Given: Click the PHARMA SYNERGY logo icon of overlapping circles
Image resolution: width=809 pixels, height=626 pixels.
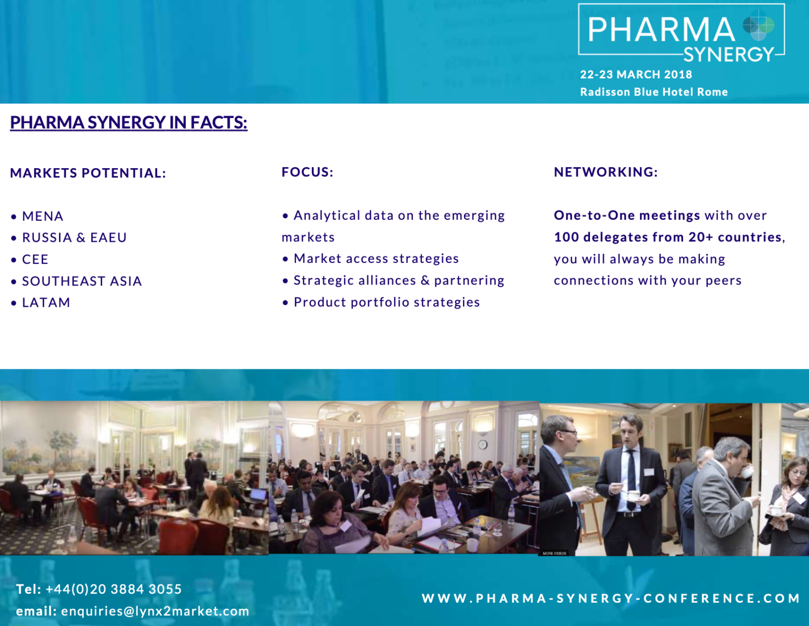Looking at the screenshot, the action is click(x=758, y=25).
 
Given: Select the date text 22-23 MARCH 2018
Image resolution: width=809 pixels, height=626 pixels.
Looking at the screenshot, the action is click(x=636, y=74).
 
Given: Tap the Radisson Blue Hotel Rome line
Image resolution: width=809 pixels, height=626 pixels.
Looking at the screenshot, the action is click(x=654, y=92).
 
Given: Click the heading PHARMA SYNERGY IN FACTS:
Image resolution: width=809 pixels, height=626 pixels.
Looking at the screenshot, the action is click(x=129, y=123).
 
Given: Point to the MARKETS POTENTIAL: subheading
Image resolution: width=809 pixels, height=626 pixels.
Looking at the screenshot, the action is click(x=88, y=173).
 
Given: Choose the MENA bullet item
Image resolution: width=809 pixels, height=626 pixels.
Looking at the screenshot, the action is click(x=43, y=216).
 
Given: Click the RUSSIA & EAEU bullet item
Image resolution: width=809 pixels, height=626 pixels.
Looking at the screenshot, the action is click(x=74, y=238).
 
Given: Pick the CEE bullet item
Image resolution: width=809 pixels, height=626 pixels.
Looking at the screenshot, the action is click(x=35, y=259).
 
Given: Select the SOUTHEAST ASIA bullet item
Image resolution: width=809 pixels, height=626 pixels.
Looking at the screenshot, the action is click(x=82, y=281).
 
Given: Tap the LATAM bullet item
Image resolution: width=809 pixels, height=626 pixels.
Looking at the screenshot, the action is click(x=46, y=302).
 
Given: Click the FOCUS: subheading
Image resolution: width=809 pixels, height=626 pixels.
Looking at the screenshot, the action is click(x=307, y=172).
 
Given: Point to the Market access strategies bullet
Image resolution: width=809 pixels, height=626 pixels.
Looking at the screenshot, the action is click(x=376, y=258).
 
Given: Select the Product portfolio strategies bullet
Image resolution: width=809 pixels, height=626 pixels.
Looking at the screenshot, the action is click(x=387, y=302).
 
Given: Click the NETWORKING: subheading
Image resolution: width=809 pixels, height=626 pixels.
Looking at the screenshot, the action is click(x=606, y=172).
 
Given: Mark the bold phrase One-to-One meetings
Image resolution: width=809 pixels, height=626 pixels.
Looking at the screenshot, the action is click(x=627, y=215).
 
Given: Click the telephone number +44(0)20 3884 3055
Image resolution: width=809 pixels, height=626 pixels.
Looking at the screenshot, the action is click(x=114, y=589).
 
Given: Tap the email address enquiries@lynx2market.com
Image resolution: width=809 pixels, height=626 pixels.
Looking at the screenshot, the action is click(x=155, y=611).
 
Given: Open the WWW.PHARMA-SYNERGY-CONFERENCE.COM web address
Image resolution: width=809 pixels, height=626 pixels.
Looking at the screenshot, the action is click(x=611, y=599).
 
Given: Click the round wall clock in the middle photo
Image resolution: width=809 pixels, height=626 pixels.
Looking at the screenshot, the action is click(x=483, y=444).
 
